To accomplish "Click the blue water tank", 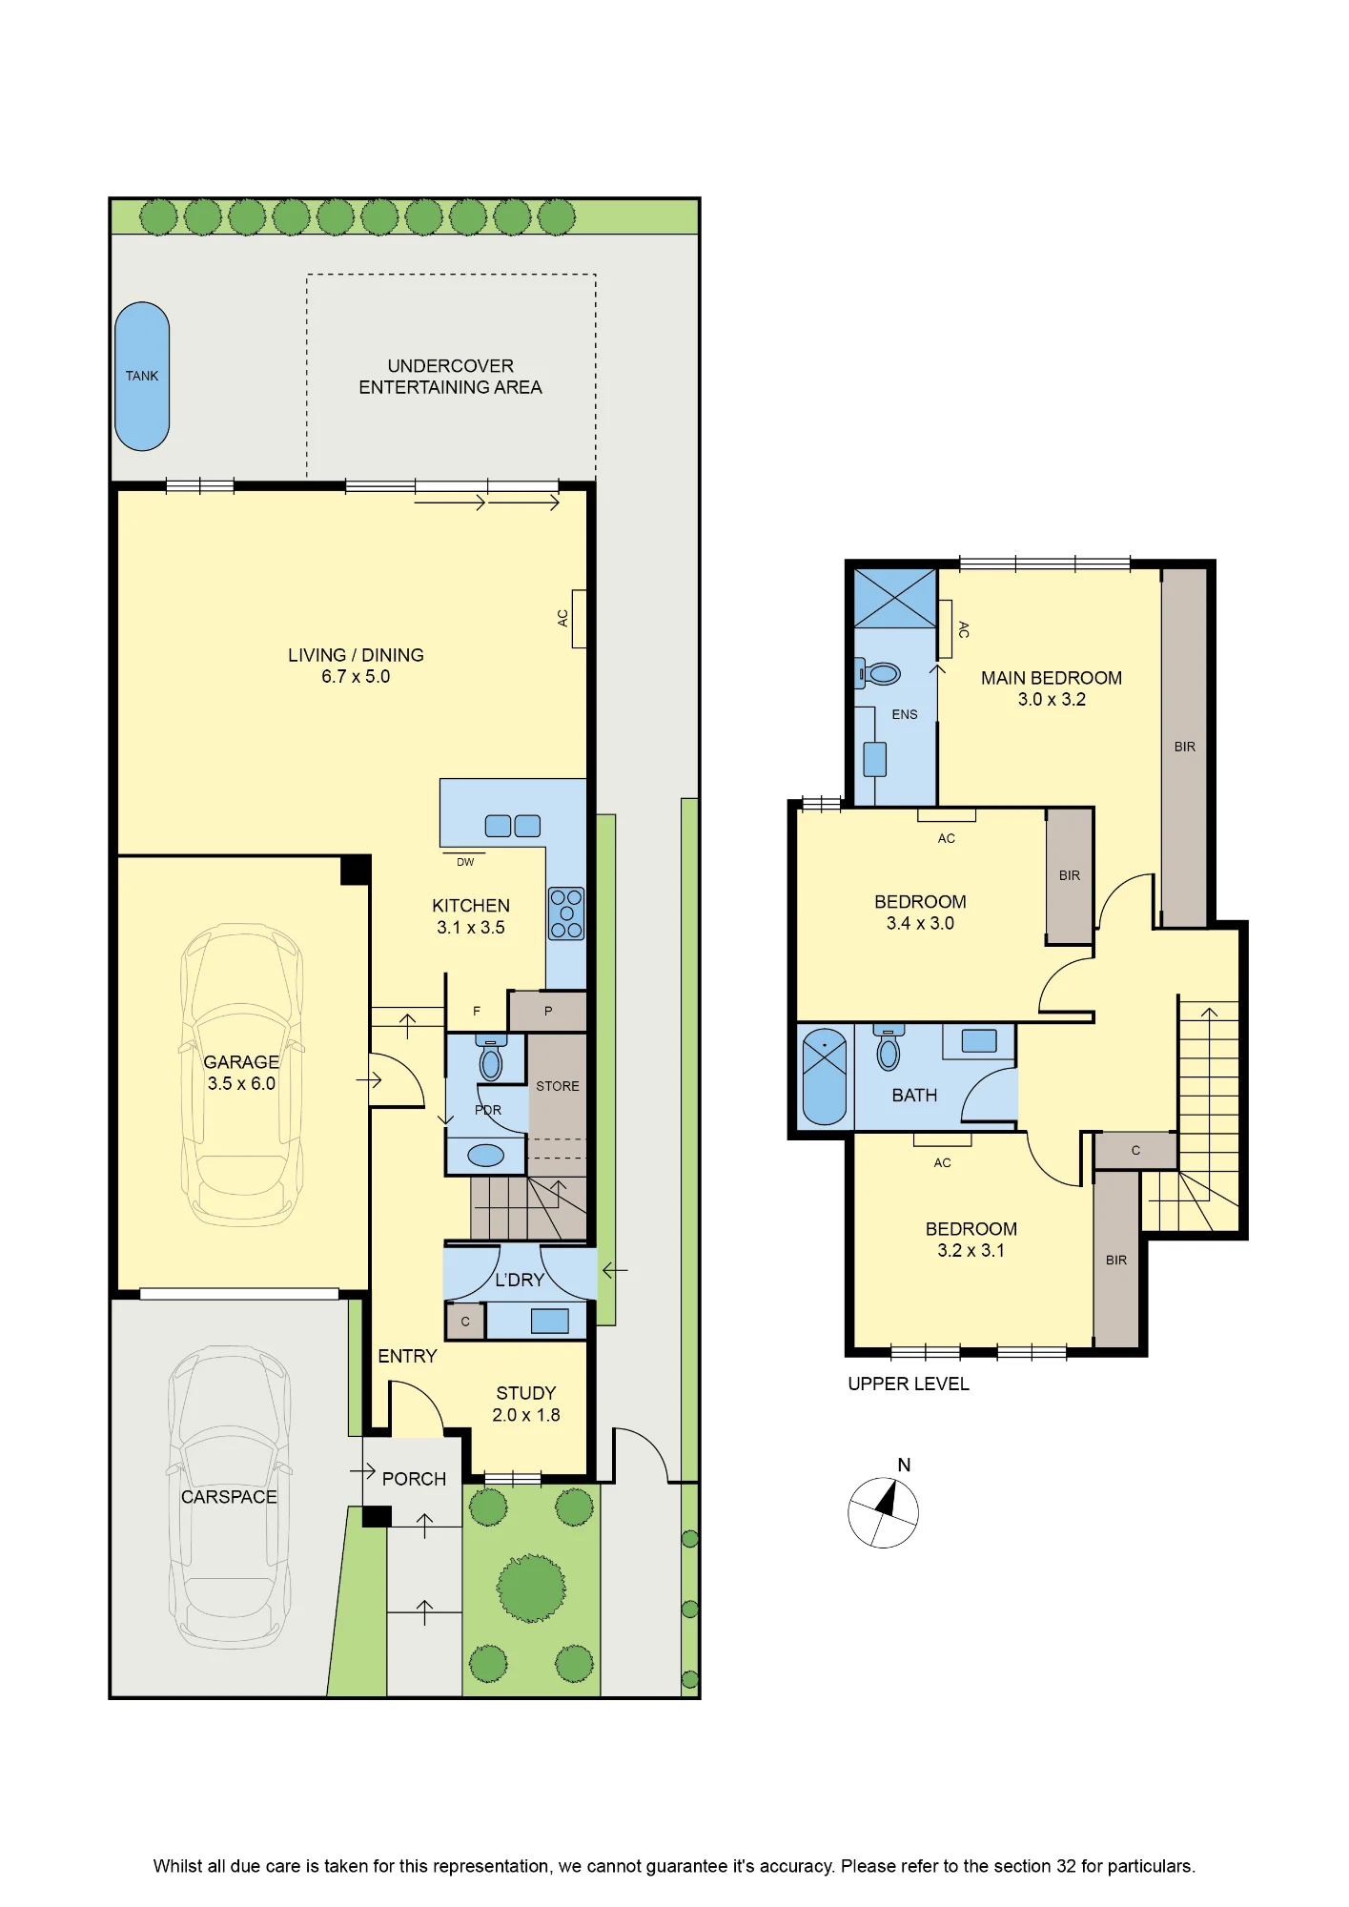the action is click(142, 377).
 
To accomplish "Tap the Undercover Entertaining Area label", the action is click(450, 377).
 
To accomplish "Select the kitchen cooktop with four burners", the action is click(566, 913).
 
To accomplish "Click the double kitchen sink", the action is click(513, 826).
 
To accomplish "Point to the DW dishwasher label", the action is click(465, 862).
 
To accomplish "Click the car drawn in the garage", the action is click(241, 1075).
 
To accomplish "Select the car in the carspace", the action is click(230, 1497).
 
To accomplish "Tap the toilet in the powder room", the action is click(491, 1057).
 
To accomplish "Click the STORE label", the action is click(558, 1086).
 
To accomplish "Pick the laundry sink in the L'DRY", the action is click(550, 1321).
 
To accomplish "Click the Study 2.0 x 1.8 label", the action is click(526, 1404).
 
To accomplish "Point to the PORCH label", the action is click(414, 1479).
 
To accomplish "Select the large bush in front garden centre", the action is click(531, 1588).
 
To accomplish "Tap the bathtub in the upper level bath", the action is click(825, 1077).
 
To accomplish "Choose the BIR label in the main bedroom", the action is click(1185, 747).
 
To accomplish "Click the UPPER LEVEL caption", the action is click(909, 1384).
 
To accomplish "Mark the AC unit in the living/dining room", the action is click(579, 619).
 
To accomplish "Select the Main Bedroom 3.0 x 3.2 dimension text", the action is click(1052, 699).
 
